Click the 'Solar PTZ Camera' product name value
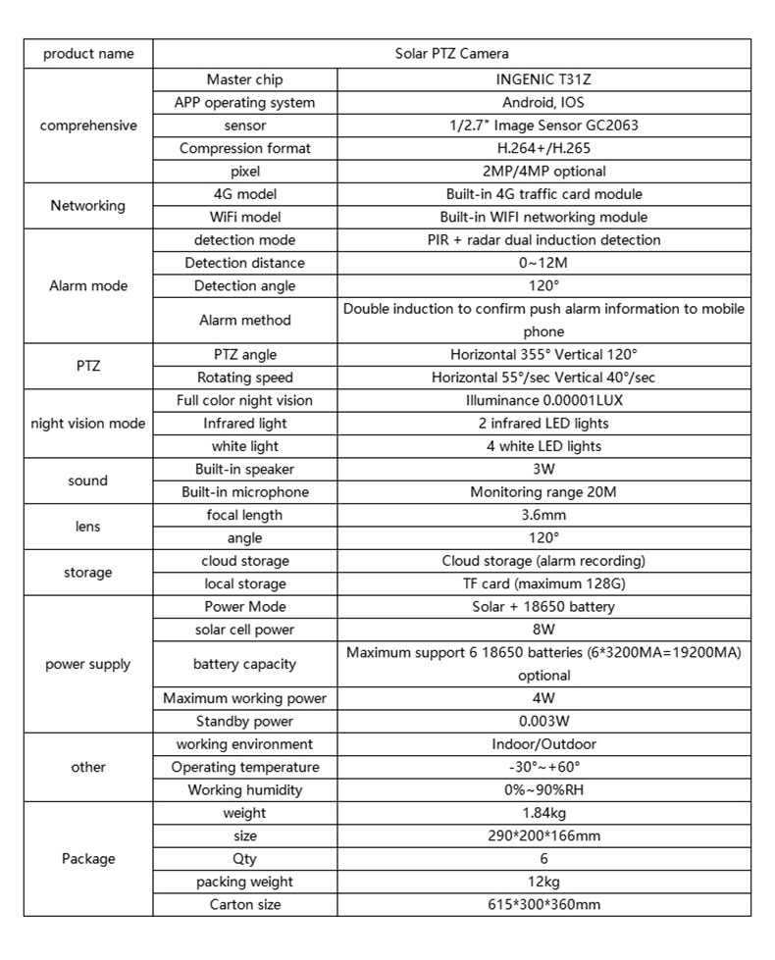click(x=451, y=53)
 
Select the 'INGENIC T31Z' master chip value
click(x=543, y=79)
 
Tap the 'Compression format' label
click(x=245, y=148)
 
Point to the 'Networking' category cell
click(x=88, y=206)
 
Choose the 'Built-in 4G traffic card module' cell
click(x=543, y=194)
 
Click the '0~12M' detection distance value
click(x=543, y=263)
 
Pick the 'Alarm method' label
click(x=245, y=320)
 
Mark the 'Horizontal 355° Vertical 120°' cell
click(x=543, y=354)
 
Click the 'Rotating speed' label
click(x=245, y=378)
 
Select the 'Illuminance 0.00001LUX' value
click(x=543, y=400)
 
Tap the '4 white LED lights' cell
click(x=543, y=446)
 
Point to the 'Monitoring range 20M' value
click(x=543, y=492)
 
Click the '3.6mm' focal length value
click(x=543, y=515)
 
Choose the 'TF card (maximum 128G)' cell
click(x=543, y=583)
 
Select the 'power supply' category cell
click(x=88, y=664)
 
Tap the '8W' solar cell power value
click(x=543, y=629)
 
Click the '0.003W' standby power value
click(x=543, y=722)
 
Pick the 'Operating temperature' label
click(x=245, y=767)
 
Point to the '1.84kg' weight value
click(x=543, y=813)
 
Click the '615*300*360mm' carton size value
click(x=543, y=904)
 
